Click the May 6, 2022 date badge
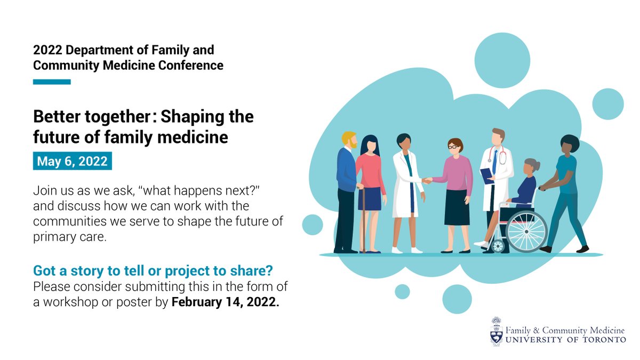point(73,161)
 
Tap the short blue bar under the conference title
point(52,82)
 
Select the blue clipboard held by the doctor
point(487,175)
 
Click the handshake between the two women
point(427,181)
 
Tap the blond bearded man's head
point(350,140)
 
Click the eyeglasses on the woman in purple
point(454,147)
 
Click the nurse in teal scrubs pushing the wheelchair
point(565,181)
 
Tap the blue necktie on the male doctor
point(494,160)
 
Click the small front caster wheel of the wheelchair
point(498,246)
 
